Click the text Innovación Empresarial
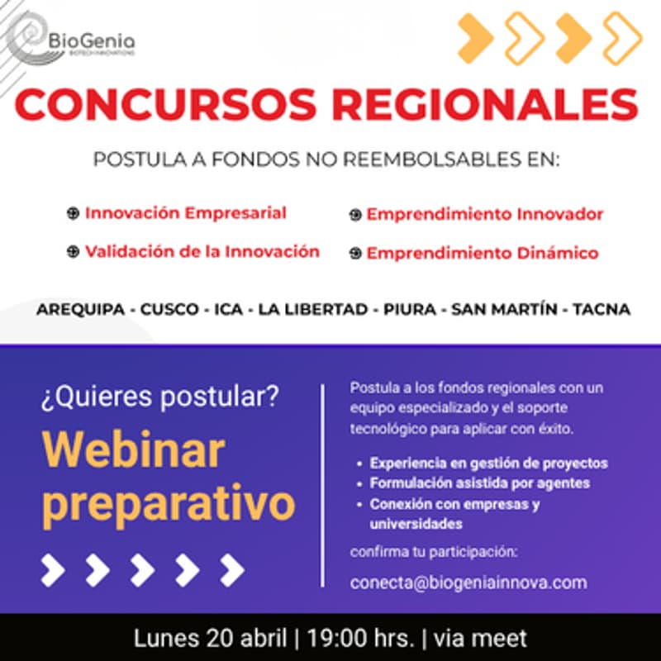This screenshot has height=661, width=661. [x=185, y=213]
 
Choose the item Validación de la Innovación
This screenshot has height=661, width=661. [x=202, y=251]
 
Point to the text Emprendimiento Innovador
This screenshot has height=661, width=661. [x=485, y=215]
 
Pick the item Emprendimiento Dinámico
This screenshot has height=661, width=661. [x=483, y=254]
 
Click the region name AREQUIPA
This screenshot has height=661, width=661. [x=80, y=310]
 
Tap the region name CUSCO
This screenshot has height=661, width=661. [x=169, y=310]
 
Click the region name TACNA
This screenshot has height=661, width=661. [x=601, y=310]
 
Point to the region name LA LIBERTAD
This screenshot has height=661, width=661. [x=312, y=310]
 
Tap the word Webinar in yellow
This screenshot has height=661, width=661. [x=133, y=450]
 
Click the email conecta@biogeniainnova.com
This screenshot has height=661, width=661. [x=468, y=583]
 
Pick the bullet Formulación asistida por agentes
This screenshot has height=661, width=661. [x=480, y=483]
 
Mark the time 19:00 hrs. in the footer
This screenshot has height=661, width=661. [x=360, y=639]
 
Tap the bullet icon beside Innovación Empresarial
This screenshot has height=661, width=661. [x=73, y=214]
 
